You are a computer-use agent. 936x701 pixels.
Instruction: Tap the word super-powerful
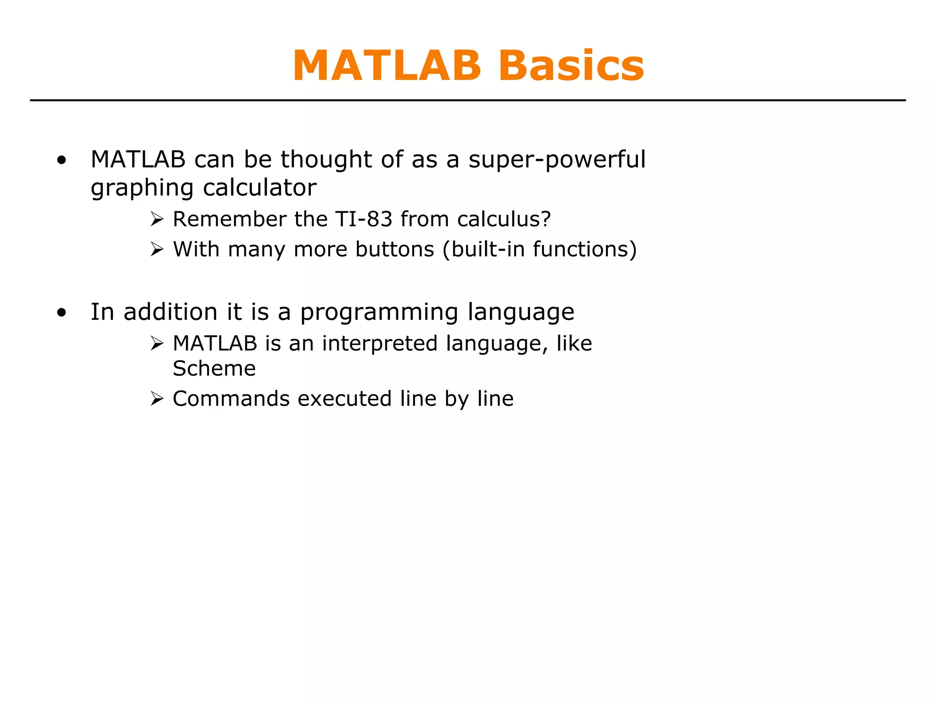tap(557, 160)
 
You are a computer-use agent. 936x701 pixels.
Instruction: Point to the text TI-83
tap(364, 219)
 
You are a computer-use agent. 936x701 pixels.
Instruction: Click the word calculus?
tap(504, 219)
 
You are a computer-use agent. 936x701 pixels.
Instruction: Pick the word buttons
tap(394, 250)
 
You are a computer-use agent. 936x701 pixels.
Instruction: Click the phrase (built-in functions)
tap(539, 250)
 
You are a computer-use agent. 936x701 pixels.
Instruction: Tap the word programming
tap(379, 313)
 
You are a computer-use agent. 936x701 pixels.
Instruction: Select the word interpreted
tap(380, 344)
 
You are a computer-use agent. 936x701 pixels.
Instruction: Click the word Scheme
tap(214, 368)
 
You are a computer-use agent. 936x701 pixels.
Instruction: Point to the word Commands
tap(231, 398)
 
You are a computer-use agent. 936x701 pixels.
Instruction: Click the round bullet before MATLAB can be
tap(62, 160)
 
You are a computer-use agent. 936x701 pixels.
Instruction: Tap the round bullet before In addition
tap(62, 313)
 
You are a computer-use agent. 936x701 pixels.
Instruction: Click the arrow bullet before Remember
tap(157, 219)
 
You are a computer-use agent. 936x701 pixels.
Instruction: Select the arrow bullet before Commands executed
tap(157, 399)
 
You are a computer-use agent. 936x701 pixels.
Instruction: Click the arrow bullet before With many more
tap(157, 250)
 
